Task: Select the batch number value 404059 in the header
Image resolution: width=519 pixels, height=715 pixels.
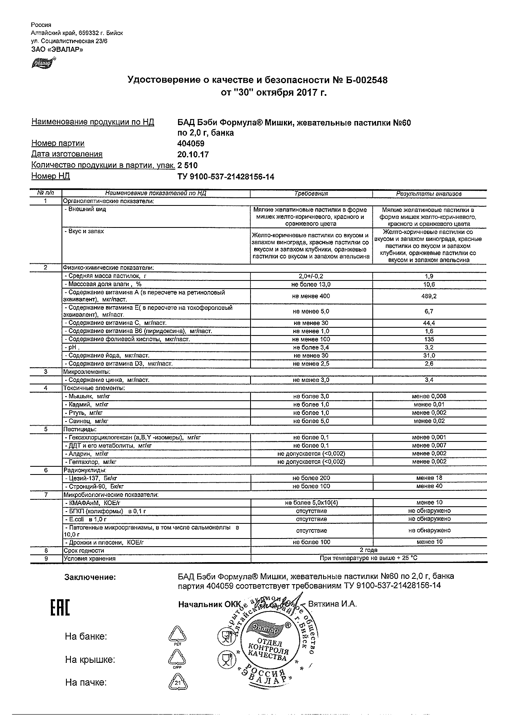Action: click(191, 143)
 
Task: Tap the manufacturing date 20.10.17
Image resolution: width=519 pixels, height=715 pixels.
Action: click(193, 154)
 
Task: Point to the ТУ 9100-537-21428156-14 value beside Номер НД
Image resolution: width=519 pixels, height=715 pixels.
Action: click(226, 176)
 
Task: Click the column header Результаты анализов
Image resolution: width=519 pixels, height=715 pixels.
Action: click(429, 194)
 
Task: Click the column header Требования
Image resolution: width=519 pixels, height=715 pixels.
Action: click(311, 194)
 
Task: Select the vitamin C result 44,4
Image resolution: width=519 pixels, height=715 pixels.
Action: click(429, 323)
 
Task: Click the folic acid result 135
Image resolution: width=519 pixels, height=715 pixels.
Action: click(429, 339)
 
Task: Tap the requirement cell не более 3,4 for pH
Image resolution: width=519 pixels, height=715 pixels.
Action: click(311, 347)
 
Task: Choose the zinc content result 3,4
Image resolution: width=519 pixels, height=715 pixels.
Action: click(429, 380)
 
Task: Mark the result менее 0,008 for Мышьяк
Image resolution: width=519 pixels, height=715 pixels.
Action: click(429, 396)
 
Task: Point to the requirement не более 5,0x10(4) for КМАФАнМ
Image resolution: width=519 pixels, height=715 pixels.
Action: click(311, 503)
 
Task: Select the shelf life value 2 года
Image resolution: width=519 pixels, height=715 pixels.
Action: click(368, 550)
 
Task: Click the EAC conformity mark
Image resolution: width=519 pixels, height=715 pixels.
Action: click(60, 607)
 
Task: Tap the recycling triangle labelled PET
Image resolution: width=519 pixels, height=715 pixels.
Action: click(177, 636)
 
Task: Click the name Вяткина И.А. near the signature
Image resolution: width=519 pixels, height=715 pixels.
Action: click(332, 604)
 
